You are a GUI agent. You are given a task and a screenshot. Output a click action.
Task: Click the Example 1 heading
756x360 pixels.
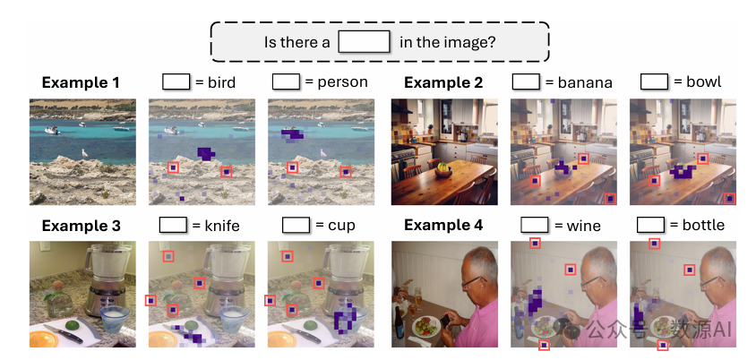81,83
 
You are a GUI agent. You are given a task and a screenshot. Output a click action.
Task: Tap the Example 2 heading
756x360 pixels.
443,83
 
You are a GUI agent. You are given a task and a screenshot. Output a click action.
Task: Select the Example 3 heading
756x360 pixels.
81,225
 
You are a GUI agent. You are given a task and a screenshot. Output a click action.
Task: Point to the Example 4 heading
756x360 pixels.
443,225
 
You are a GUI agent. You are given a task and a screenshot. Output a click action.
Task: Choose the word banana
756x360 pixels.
583,82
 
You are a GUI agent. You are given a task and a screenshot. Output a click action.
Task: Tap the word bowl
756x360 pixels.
704,82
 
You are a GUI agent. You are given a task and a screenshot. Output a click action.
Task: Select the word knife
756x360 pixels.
223,225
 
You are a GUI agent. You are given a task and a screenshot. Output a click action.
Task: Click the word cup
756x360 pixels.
341,225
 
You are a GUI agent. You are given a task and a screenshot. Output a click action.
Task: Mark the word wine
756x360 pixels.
583,225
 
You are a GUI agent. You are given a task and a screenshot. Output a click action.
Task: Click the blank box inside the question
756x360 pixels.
365,41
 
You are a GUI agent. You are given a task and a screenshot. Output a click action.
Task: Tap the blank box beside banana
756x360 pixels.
526,81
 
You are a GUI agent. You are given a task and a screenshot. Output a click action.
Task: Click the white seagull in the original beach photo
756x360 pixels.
84,153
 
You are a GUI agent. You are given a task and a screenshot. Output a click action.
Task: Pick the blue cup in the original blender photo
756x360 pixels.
113,315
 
